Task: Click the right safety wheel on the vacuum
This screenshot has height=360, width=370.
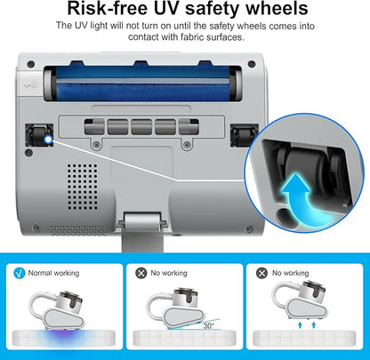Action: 237,133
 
